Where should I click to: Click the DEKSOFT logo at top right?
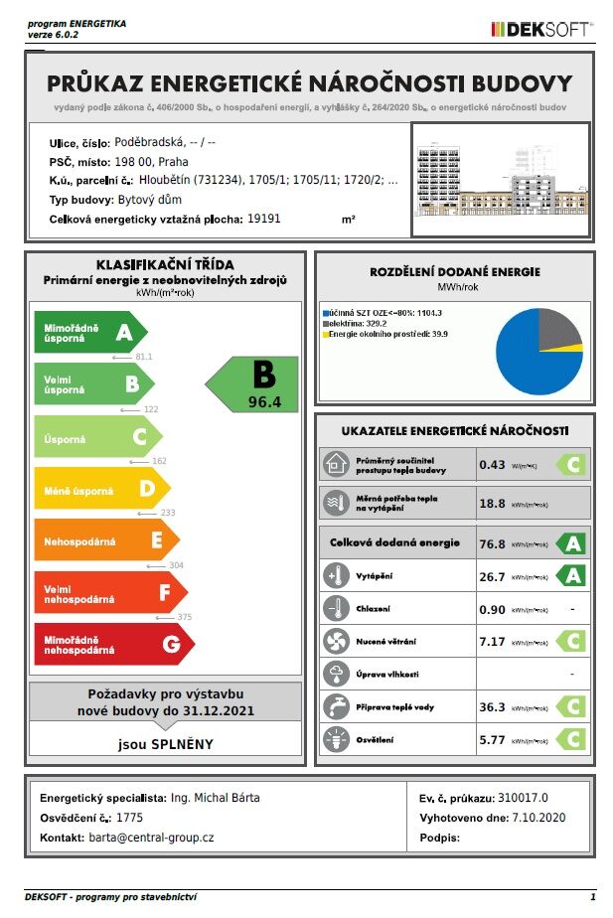(540, 29)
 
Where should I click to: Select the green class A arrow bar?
(89, 332)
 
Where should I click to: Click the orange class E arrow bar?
(103, 540)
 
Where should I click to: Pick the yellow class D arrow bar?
(99, 488)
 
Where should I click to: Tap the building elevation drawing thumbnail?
(500, 180)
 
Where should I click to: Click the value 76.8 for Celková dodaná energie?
(493, 543)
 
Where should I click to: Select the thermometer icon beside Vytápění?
(335, 575)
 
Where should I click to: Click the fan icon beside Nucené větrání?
(335, 642)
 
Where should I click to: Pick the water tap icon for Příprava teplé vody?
(335, 707)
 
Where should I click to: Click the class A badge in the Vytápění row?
(570, 576)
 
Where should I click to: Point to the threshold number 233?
(166, 513)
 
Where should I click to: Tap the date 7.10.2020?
(537, 817)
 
